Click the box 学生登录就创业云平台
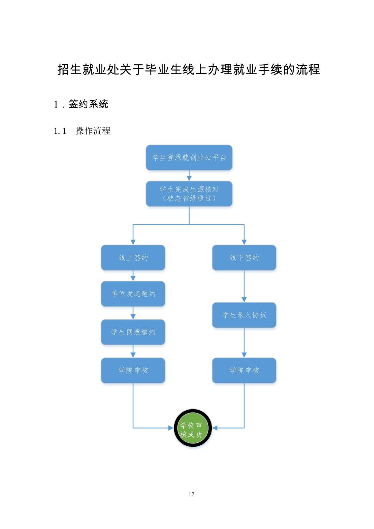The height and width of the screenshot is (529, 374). (189, 157)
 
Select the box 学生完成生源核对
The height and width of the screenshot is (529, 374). (189, 194)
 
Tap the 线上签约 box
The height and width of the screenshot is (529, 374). (133, 258)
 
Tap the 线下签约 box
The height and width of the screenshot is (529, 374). (244, 258)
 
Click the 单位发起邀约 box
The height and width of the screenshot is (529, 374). (133, 294)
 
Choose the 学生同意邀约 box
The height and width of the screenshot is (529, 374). (133, 332)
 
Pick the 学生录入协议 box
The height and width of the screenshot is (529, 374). (244, 315)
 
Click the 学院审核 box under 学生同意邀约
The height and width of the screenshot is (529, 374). (133, 370)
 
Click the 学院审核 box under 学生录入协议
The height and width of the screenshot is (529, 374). (244, 370)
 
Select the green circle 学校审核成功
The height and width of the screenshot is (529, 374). (193, 428)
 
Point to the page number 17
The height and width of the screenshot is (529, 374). (191, 494)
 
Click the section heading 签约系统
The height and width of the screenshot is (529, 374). (88, 104)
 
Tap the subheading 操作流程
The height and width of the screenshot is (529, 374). (93, 131)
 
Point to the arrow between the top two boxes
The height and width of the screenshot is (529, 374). (189, 176)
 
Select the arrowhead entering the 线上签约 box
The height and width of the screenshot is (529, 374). (133, 242)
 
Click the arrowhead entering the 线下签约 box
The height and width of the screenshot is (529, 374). (244, 242)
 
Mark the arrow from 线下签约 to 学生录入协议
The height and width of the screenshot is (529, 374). (244, 287)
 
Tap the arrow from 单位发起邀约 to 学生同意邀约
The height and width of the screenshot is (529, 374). (133, 313)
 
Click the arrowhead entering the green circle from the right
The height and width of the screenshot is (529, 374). (215, 428)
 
